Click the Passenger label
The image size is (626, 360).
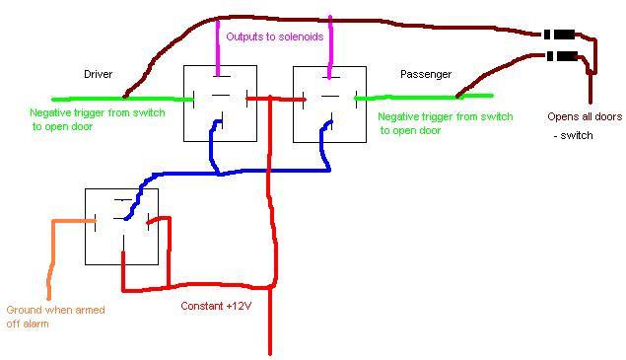(x=425, y=74)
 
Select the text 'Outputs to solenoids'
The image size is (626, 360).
(x=275, y=36)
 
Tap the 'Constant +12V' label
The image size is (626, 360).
(x=217, y=306)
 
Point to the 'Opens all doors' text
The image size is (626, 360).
(x=585, y=116)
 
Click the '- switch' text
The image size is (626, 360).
(x=574, y=135)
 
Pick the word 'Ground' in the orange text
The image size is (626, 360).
(x=25, y=310)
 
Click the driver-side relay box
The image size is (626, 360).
(x=221, y=104)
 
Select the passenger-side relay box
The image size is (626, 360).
(x=330, y=104)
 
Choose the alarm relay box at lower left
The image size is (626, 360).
(x=121, y=227)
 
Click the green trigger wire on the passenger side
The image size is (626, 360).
(x=424, y=97)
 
